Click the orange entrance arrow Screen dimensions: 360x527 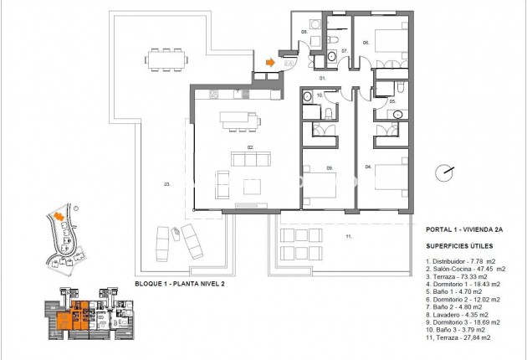point(269,61)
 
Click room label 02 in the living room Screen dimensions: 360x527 point(249,147)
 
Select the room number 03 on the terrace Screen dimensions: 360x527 point(167,184)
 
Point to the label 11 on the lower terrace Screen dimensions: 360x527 point(348,237)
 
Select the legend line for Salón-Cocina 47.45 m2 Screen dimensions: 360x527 point(465,269)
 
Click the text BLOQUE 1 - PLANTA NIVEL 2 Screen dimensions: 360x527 point(180,284)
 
